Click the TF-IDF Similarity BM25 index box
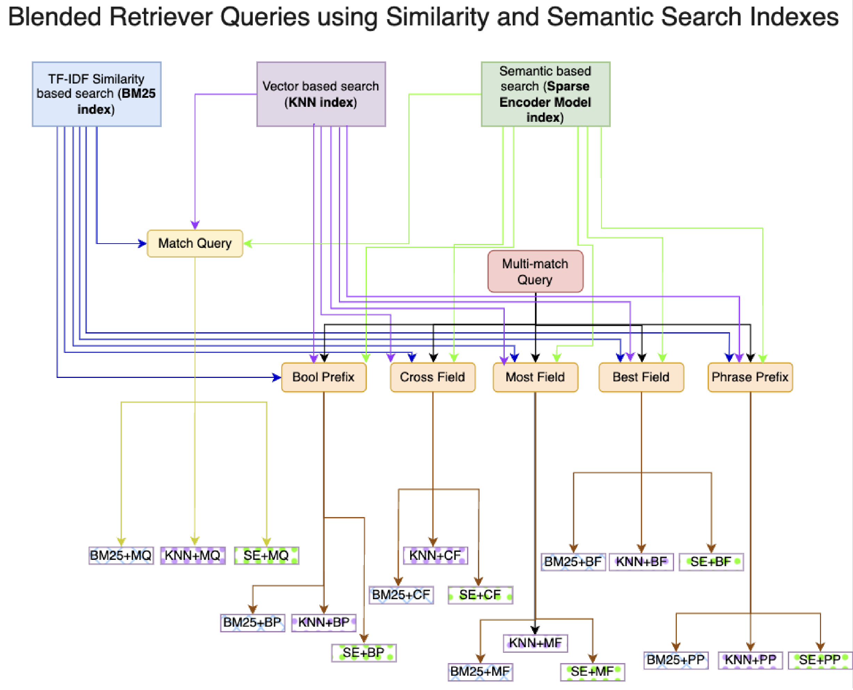click(x=97, y=94)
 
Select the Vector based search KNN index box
click(x=321, y=94)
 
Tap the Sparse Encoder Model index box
click(x=545, y=94)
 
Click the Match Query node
click(x=195, y=243)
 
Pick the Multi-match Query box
click(x=535, y=271)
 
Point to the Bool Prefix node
click(x=323, y=377)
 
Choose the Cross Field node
click(x=432, y=377)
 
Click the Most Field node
click(x=535, y=377)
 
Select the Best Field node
click(x=641, y=377)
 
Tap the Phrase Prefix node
click(x=750, y=377)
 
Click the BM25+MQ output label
click(x=121, y=555)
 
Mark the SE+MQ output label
click(x=266, y=555)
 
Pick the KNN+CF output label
click(x=435, y=555)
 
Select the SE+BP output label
click(x=363, y=653)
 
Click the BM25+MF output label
click(x=480, y=672)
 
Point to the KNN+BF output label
click(x=641, y=562)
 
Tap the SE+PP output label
click(x=820, y=660)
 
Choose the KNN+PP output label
click(x=750, y=660)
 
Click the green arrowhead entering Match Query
click(x=248, y=243)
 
